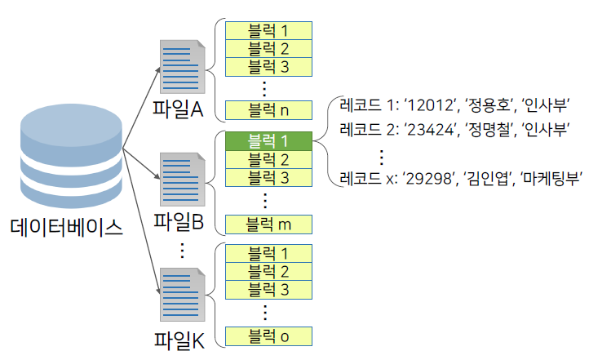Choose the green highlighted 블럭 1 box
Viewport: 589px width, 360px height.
click(x=268, y=140)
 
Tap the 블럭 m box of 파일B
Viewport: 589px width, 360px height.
click(x=268, y=223)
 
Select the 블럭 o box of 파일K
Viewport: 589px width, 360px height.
click(x=268, y=336)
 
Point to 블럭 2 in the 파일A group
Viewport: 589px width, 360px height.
click(x=268, y=48)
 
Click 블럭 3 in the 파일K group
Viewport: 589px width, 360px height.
click(x=268, y=289)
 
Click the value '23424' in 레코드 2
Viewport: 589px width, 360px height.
click(x=432, y=129)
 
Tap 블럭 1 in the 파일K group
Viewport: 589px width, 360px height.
click(x=268, y=253)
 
